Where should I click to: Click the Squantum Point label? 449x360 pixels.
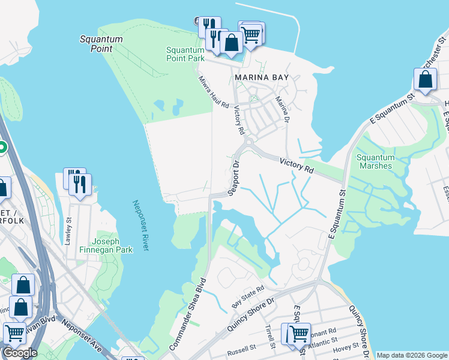point(101,44)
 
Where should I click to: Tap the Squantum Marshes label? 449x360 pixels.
point(376,161)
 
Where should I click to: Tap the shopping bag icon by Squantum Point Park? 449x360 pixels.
point(231,43)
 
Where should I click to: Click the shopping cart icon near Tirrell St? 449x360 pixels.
point(298,333)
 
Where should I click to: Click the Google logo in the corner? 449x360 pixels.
point(20,353)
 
